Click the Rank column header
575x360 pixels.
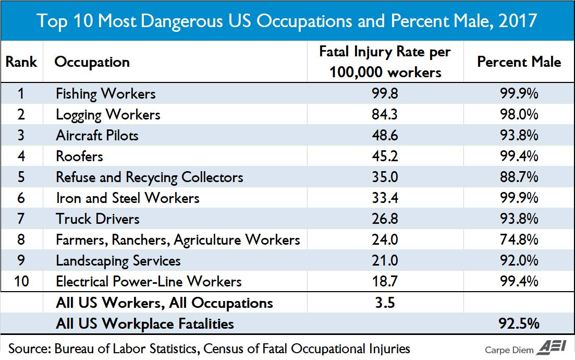pos(21,62)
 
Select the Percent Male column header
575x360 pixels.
pos(519,62)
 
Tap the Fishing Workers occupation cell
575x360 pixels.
pos(106,94)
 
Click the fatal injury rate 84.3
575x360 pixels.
pos(385,115)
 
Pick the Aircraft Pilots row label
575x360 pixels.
pos(97,136)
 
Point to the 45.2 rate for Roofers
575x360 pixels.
pos(385,156)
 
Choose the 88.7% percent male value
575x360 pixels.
pos(519,177)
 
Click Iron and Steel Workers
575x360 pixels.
pos(128,198)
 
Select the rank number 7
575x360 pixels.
pos(21,219)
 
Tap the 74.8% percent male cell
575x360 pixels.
pos(519,239)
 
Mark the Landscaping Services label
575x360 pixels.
pos(118,260)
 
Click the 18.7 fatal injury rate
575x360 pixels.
pos(385,282)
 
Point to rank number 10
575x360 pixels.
pos(21,282)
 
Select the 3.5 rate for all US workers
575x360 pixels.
pos(385,303)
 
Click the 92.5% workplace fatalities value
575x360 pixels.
pos(519,323)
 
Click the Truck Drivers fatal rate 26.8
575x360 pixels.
pos(385,219)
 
